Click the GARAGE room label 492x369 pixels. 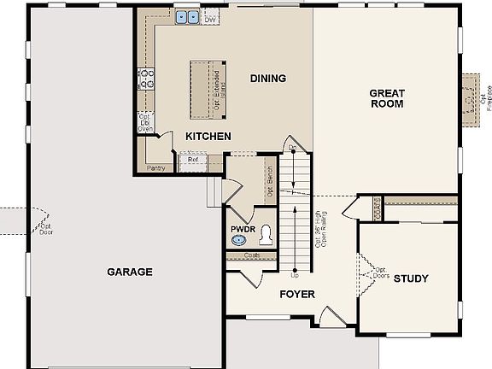click(x=130, y=272)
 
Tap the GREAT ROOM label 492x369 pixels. click(x=386, y=98)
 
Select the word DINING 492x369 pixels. click(x=267, y=79)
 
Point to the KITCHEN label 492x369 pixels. click(x=208, y=136)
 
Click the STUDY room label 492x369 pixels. click(x=411, y=278)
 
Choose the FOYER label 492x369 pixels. click(x=297, y=295)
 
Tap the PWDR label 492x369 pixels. click(x=243, y=229)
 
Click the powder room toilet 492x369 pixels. click(x=266, y=235)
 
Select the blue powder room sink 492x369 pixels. click(x=240, y=242)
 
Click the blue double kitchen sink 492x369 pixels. click(x=187, y=16)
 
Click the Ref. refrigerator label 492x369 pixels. click(x=193, y=159)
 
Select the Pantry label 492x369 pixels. click(x=155, y=168)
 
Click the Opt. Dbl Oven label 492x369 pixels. click(x=145, y=123)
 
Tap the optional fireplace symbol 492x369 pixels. click(x=468, y=98)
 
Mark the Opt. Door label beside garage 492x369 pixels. click(x=45, y=229)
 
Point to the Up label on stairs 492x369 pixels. click(x=295, y=276)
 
